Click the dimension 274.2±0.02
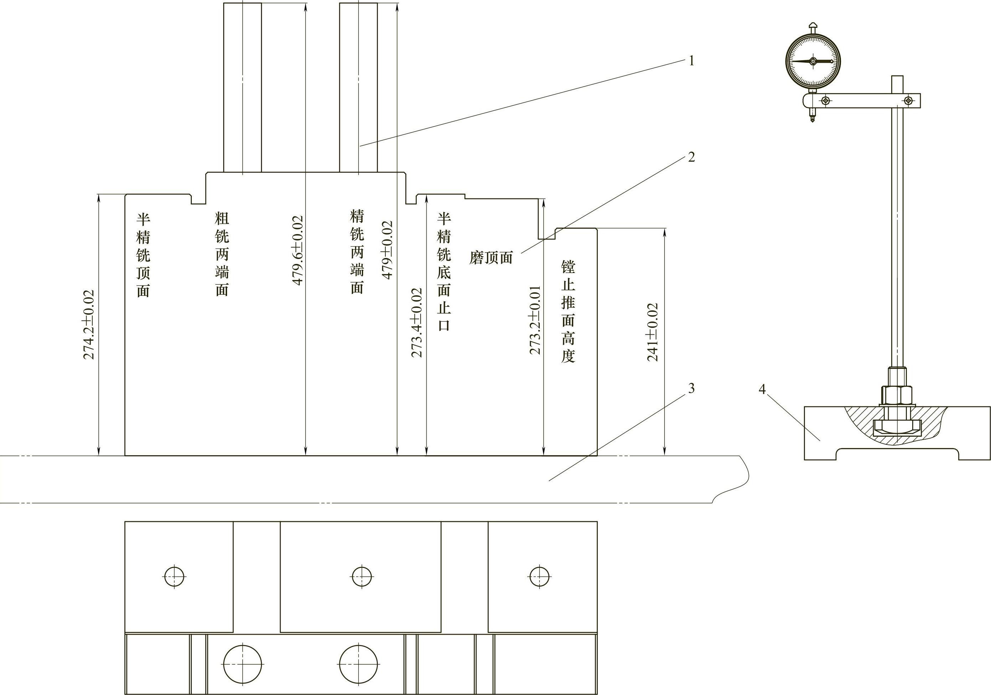pos(89,324)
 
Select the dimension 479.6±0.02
pos(297,250)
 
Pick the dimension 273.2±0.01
pos(535,320)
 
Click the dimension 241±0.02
pos(653,332)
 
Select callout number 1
pos(692,61)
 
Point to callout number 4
pos(762,389)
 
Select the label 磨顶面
pos(491,258)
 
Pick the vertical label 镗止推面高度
pos(568,311)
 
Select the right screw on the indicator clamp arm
pos(909,100)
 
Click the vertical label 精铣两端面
pos(357,252)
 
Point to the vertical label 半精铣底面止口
pos(444,272)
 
